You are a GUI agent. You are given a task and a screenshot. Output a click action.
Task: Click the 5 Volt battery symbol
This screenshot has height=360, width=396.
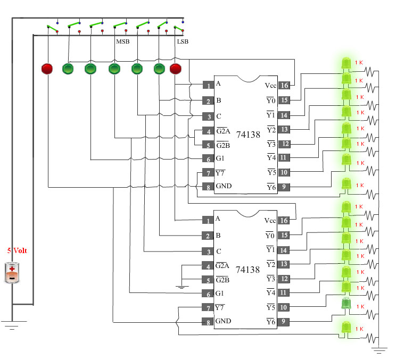[12, 272]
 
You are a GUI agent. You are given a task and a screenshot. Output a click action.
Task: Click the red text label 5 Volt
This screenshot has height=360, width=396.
[17, 250]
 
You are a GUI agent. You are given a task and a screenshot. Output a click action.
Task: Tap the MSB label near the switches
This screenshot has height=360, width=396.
[123, 41]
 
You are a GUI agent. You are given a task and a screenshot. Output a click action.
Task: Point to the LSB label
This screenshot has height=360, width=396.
[183, 41]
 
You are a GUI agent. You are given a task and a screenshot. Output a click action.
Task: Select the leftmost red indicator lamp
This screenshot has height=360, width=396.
[47, 69]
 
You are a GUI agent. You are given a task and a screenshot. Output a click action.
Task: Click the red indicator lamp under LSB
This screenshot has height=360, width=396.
[176, 69]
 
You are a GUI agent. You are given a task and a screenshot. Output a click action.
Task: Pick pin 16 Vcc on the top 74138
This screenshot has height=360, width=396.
[284, 86]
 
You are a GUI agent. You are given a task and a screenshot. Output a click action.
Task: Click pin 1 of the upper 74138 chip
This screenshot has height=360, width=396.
[208, 85]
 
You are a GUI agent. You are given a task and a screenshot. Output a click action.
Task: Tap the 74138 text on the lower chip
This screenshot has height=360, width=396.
[247, 270]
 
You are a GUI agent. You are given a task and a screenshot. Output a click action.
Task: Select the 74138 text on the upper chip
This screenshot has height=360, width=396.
[248, 135]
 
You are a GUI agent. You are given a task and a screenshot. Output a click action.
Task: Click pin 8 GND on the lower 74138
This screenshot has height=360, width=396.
[208, 322]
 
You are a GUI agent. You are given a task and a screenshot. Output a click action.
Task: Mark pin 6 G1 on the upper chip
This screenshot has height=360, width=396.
[208, 158]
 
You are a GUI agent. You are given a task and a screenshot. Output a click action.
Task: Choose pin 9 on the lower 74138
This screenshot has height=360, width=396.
[284, 321]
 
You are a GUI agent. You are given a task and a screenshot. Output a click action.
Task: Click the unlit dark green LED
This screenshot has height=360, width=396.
[346, 304]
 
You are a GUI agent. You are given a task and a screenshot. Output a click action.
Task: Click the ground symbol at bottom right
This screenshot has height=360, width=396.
[379, 350]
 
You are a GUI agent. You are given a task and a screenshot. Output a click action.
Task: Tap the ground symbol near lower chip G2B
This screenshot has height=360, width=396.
[182, 287]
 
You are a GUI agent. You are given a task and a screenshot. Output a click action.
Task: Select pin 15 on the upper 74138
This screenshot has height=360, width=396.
[284, 100]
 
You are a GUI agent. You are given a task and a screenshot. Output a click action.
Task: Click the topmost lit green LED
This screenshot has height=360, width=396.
[346, 63]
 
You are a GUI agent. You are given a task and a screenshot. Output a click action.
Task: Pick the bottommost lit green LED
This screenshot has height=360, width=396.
[346, 328]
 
